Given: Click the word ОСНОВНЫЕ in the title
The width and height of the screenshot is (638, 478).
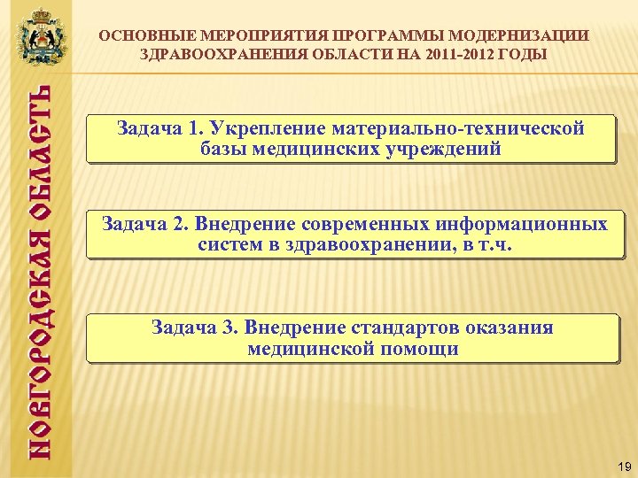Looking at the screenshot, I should (x=146, y=36).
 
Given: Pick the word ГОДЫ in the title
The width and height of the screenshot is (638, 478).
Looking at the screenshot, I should (x=525, y=54).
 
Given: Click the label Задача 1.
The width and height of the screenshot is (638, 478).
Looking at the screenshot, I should (x=153, y=128).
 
